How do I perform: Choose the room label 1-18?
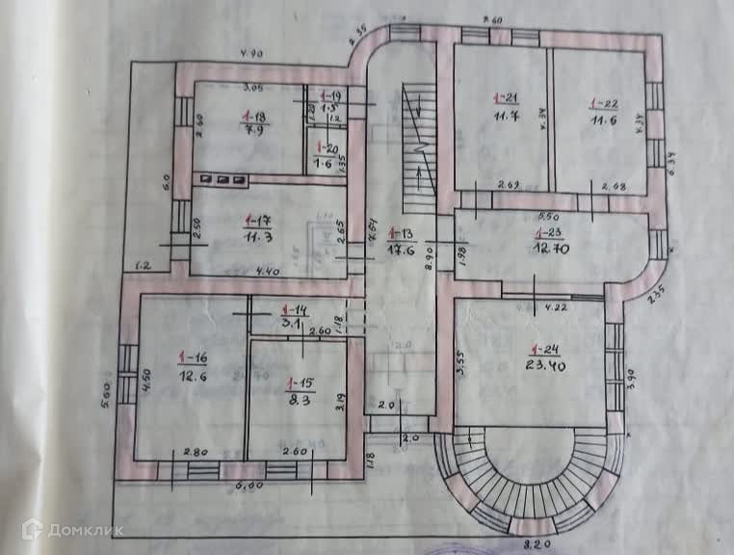(x=255, y=116)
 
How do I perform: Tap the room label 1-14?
(x=292, y=310)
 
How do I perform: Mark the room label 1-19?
(x=330, y=96)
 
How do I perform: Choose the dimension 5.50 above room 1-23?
(x=550, y=216)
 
